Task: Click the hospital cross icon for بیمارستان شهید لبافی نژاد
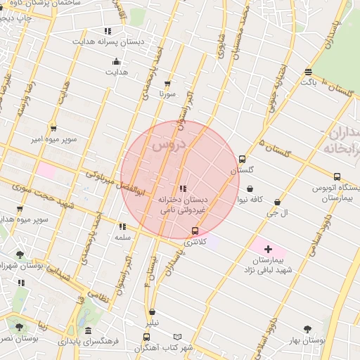tap(268, 249)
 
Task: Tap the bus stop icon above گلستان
tap(243, 159)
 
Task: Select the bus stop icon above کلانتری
tap(195, 231)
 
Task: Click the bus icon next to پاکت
tap(308, 72)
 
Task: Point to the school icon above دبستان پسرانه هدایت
tap(108, 31)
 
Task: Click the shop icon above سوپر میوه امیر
tap(53, 128)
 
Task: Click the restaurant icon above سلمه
tap(123, 226)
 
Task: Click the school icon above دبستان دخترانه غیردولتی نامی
tap(183, 188)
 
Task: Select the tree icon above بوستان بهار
tap(307, 328)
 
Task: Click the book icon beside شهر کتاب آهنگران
tap(177, 337)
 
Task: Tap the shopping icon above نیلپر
tap(153, 311)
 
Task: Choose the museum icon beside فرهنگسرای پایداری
tap(88, 330)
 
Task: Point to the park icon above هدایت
tap(116, 61)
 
